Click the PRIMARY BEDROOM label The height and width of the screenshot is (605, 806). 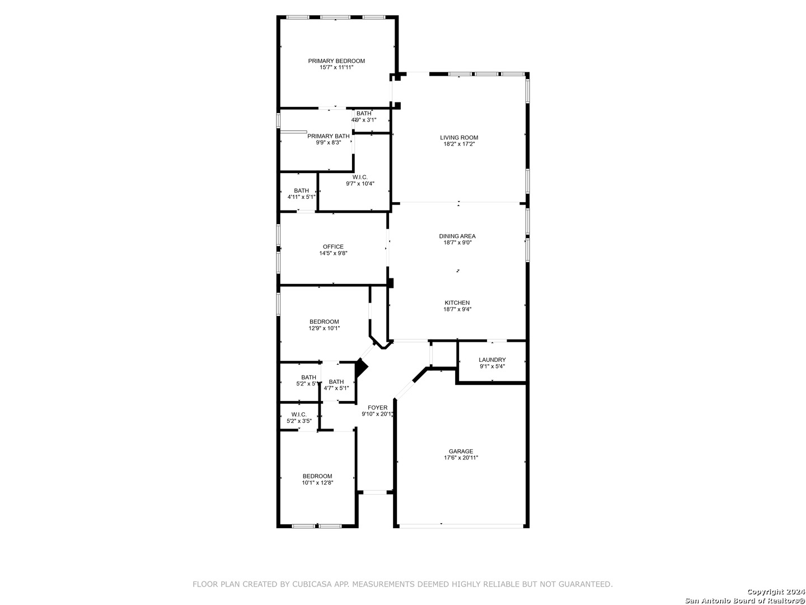click(336, 61)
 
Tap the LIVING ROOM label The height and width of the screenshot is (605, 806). click(459, 138)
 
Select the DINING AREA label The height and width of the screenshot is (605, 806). click(457, 236)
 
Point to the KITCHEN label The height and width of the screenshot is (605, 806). click(457, 302)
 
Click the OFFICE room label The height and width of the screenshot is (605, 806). click(333, 247)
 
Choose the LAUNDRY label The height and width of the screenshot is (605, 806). click(492, 360)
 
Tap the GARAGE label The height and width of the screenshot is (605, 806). click(461, 451)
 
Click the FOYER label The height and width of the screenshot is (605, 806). click(377, 407)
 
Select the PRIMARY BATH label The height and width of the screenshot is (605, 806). click(328, 136)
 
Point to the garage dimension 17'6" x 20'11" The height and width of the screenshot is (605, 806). click(461, 458)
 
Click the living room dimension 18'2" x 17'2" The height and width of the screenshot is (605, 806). click(459, 144)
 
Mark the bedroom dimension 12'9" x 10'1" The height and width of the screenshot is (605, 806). click(324, 328)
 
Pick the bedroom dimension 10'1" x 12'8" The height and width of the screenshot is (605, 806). click(317, 483)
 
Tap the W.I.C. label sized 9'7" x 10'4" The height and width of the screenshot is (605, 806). click(360, 178)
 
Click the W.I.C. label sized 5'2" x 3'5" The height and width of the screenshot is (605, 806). click(299, 415)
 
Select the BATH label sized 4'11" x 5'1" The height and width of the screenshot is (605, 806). click(301, 190)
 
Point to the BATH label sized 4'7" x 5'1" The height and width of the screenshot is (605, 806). click(336, 381)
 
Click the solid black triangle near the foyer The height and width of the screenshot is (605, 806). click(362, 368)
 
